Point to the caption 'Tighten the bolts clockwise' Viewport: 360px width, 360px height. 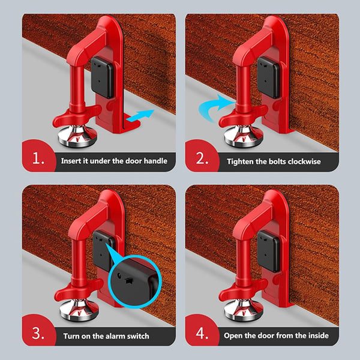tap(274, 161)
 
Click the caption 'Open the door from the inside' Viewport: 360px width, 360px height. tap(277, 335)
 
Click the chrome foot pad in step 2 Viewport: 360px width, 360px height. tap(242, 136)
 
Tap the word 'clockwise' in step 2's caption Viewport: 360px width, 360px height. tap(303, 161)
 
